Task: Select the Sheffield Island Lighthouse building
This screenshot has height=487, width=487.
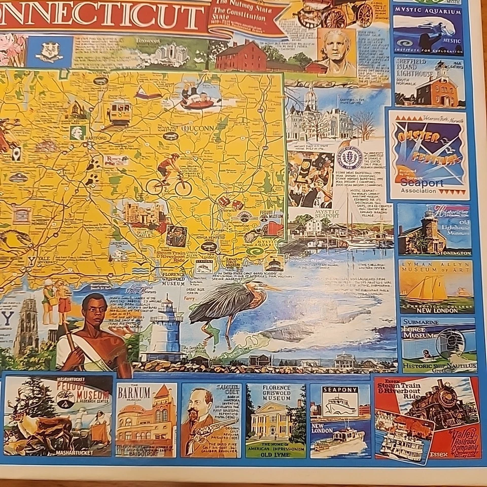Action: [x=435, y=89]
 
